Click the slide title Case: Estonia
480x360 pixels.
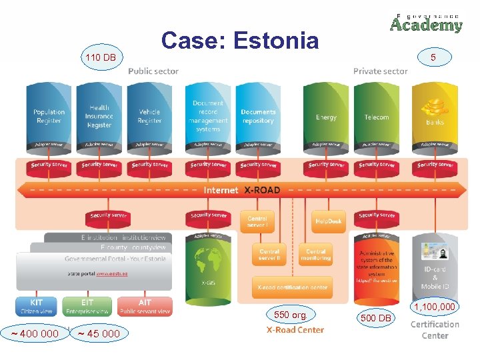click(240, 41)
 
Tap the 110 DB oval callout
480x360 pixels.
click(100, 58)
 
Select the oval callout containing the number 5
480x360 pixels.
click(433, 58)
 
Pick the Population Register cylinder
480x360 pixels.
click(49, 116)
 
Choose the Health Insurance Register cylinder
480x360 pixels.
click(99, 116)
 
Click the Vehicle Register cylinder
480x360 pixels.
click(149, 116)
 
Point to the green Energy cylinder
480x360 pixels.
click(326, 117)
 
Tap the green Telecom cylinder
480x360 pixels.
click(376, 117)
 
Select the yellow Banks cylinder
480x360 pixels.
click(435, 117)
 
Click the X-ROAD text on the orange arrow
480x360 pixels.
click(262, 190)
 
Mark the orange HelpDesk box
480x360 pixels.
click(329, 221)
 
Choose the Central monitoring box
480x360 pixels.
click(315, 255)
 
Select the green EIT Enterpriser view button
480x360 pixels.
click(86, 307)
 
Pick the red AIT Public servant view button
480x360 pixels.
click(145, 307)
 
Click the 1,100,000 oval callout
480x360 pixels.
click(435, 307)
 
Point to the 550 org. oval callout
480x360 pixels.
click(290, 314)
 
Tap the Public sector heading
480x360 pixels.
click(153, 71)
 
